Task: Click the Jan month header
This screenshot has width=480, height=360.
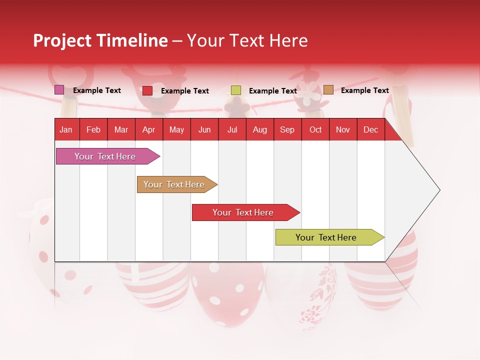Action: coord(66,129)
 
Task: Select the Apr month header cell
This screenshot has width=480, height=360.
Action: coord(148,129)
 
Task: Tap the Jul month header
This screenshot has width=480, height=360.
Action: coord(232,129)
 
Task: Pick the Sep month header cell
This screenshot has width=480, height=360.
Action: coord(287,129)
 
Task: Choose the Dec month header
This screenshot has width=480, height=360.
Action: coord(370,129)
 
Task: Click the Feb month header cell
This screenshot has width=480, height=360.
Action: coord(93,129)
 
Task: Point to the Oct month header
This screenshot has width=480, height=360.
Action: coord(315,129)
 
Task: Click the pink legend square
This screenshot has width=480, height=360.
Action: coord(59,90)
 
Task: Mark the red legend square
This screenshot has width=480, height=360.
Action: coord(147,90)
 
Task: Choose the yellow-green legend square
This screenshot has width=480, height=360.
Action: coord(236,90)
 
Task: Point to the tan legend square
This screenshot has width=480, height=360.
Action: coord(328,90)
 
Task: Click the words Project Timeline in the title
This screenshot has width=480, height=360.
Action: coord(100,40)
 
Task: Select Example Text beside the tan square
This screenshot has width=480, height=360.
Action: coord(364,90)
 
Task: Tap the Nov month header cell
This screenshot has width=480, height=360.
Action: coord(343,129)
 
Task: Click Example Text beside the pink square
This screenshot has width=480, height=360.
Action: coord(96,90)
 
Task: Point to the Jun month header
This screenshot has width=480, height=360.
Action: coord(204,129)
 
